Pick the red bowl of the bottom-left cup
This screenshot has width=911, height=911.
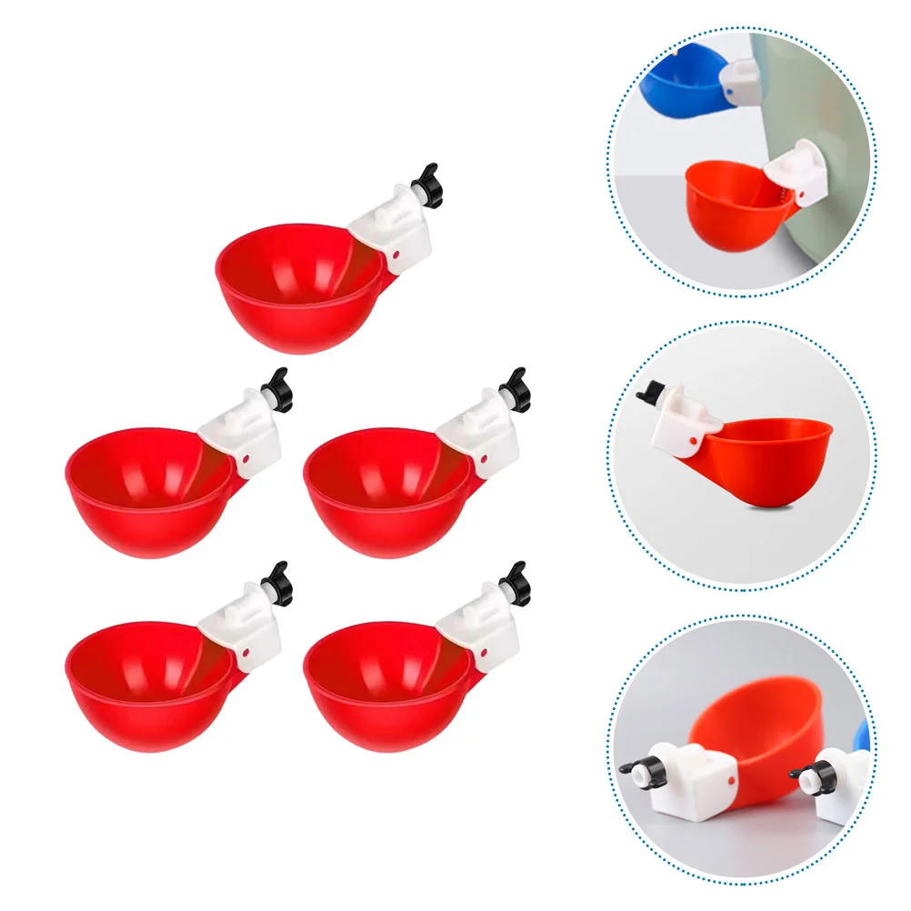coord(141,686)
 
